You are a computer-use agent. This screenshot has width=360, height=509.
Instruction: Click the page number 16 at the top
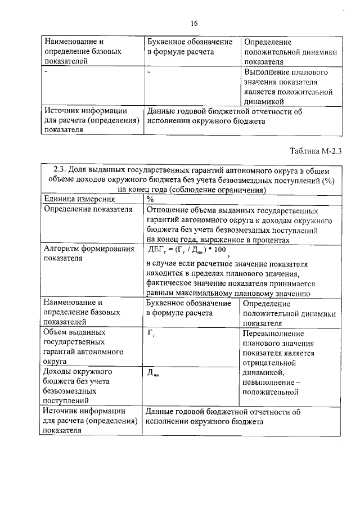(195, 23)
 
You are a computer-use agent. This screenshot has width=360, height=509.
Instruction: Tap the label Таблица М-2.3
(316, 150)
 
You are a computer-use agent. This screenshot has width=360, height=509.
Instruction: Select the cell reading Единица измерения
(72, 199)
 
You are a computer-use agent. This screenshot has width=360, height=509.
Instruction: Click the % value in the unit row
(150, 199)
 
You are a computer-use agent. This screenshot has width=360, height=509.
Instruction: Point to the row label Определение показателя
(88, 209)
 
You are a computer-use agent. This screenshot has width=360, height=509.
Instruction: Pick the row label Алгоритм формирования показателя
(89, 254)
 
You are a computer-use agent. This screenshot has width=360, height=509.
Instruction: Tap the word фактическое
(167, 283)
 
